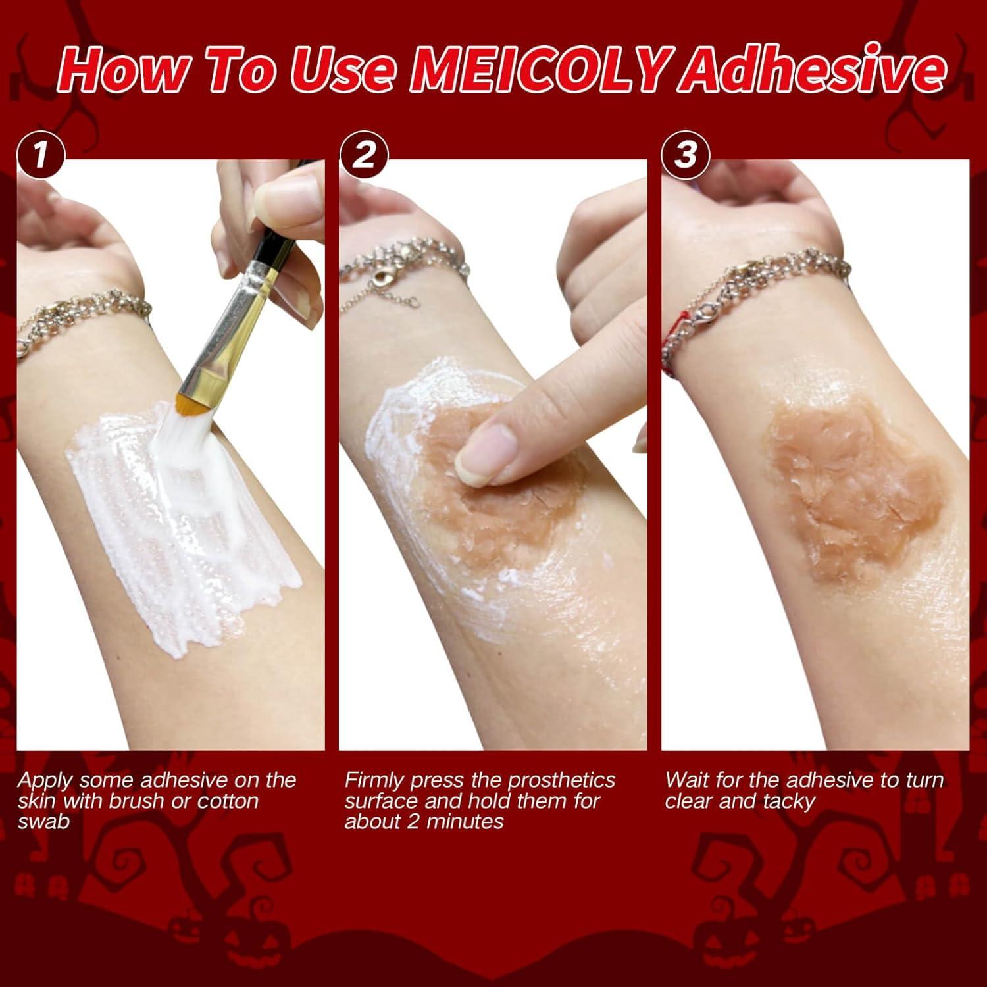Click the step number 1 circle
click(x=41, y=156)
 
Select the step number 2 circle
click(x=364, y=156)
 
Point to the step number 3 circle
click(x=686, y=156)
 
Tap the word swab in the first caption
click(x=43, y=822)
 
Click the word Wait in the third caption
click(x=687, y=780)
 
